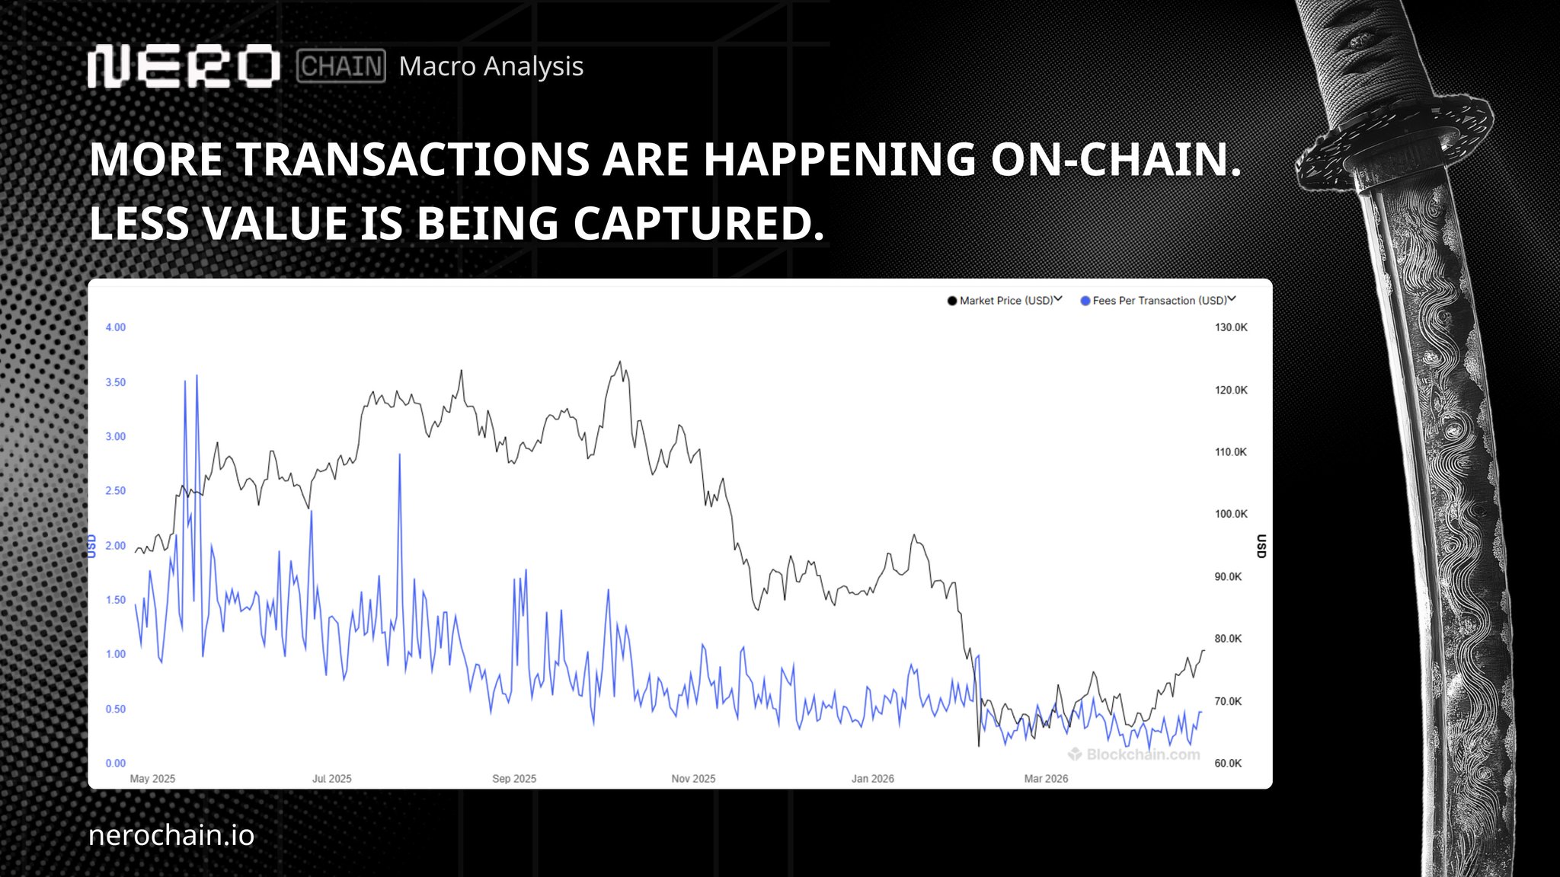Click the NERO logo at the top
[184, 65]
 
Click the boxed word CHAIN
[341, 66]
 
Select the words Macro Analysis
[491, 66]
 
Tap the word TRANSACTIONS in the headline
[414, 159]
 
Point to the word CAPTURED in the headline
[698, 223]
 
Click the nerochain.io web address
[171, 835]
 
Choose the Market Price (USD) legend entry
[1005, 301]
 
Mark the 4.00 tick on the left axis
[116, 327]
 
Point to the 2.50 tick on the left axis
[116, 490]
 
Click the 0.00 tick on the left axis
[116, 763]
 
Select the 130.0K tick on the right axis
[1231, 327]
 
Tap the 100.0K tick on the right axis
[1231, 514]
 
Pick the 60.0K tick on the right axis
[1228, 763]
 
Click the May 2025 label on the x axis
[152, 779]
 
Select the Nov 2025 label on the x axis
[693, 779]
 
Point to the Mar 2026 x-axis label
[1046, 779]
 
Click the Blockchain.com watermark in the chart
[1134, 754]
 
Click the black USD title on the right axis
[1261, 546]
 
